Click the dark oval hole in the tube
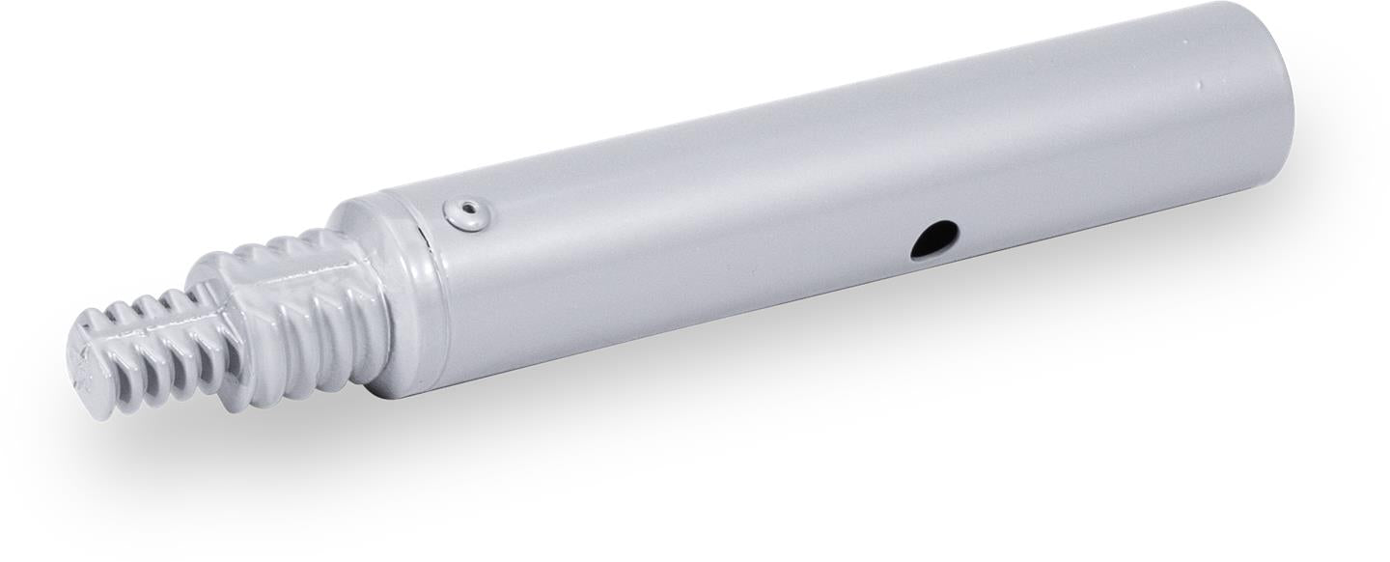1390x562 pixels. click(934, 239)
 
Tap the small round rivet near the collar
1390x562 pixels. click(466, 211)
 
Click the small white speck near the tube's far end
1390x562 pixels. click(1200, 84)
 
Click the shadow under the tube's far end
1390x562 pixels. click(1207, 251)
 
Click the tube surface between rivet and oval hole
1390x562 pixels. click(695, 232)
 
